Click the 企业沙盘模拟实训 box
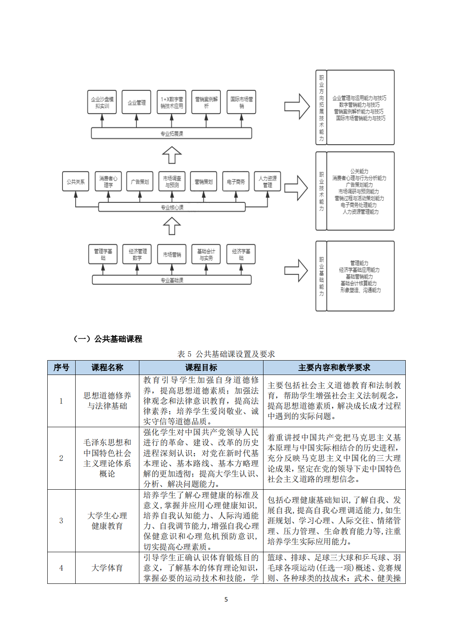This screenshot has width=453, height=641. (102, 102)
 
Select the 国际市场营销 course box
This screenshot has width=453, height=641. (242, 102)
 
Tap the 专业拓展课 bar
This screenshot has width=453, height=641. (171, 134)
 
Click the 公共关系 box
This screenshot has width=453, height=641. (76, 182)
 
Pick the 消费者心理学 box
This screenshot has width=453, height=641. (108, 182)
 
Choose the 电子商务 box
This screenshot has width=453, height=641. (236, 182)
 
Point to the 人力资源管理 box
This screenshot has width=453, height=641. (268, 182)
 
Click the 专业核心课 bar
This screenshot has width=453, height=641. (172, 208)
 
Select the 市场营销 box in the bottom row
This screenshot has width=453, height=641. (172, 255)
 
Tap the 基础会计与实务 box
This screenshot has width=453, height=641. (206, 255)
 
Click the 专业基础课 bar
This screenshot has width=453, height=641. (171, 280)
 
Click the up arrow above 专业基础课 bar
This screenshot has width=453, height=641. (172, 226)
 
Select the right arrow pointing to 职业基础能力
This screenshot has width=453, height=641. (296, 271)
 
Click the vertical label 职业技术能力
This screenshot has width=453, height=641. (321, 191)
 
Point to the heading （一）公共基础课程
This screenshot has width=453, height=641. (108, 339)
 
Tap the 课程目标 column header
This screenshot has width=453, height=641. (201, 368)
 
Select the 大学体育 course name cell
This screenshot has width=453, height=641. (107, 568)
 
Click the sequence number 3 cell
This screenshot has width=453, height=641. (61, 521)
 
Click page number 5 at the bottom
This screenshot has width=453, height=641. (226, 599)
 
